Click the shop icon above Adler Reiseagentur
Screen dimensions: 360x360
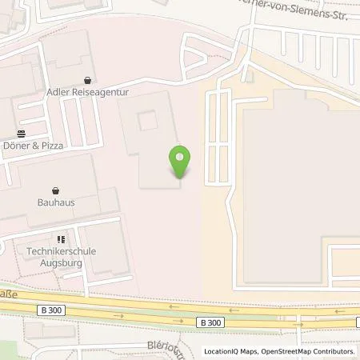coord(87,80)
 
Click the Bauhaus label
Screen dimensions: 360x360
coord(55,202)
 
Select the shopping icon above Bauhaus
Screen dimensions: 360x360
coord(55,190)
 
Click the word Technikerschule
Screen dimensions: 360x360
coord(62,251)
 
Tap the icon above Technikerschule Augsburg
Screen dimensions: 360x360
coord(61,238)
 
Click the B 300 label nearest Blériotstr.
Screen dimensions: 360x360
coord(210,322)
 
